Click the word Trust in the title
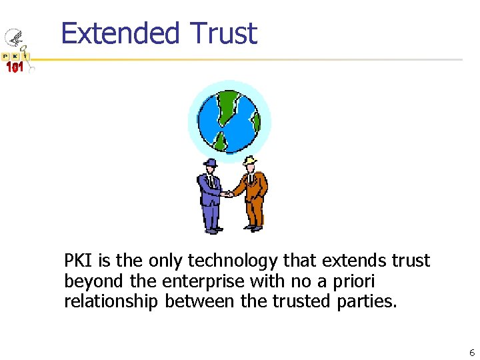click(223, 33)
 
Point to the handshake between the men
click(229, 194)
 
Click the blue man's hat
click(210, 163)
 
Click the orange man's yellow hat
click(250, 161)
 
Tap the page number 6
click(471, 353)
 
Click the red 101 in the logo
click(15, 67)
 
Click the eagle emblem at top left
click(13, 39)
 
